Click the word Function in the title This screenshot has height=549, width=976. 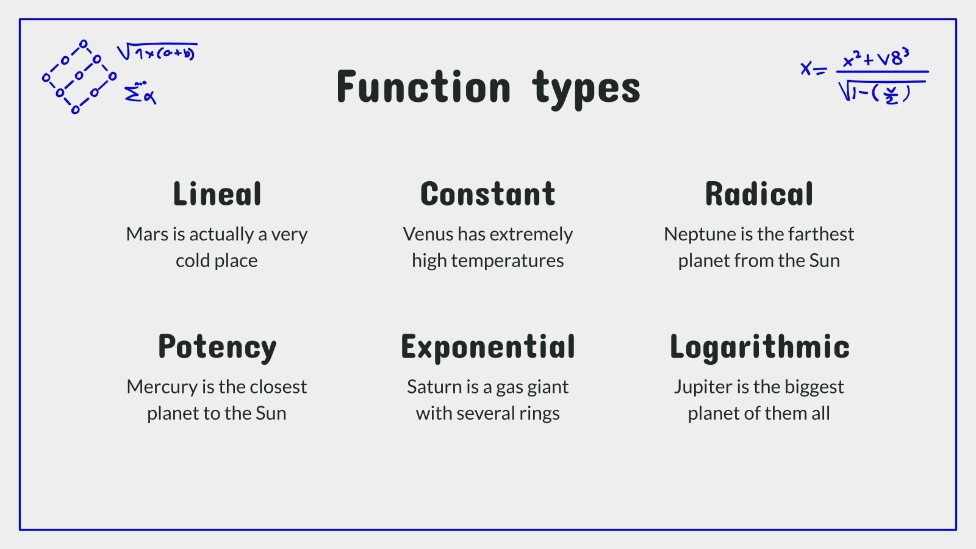click(423, 87)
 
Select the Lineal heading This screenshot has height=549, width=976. click(217, 193)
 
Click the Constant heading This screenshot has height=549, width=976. click(488, 193)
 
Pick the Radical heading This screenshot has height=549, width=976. click(759, 193)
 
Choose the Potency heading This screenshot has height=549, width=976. click(217, 347)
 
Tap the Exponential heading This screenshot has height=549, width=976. click(488, 347)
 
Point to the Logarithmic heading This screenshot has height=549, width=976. click(759, 347)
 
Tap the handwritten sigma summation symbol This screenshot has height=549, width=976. click(140, 93)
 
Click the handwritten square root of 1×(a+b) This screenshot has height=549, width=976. click(157, 51)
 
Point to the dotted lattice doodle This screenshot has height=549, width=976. click(79, 77)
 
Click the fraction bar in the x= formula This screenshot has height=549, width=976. click(882, 71)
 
